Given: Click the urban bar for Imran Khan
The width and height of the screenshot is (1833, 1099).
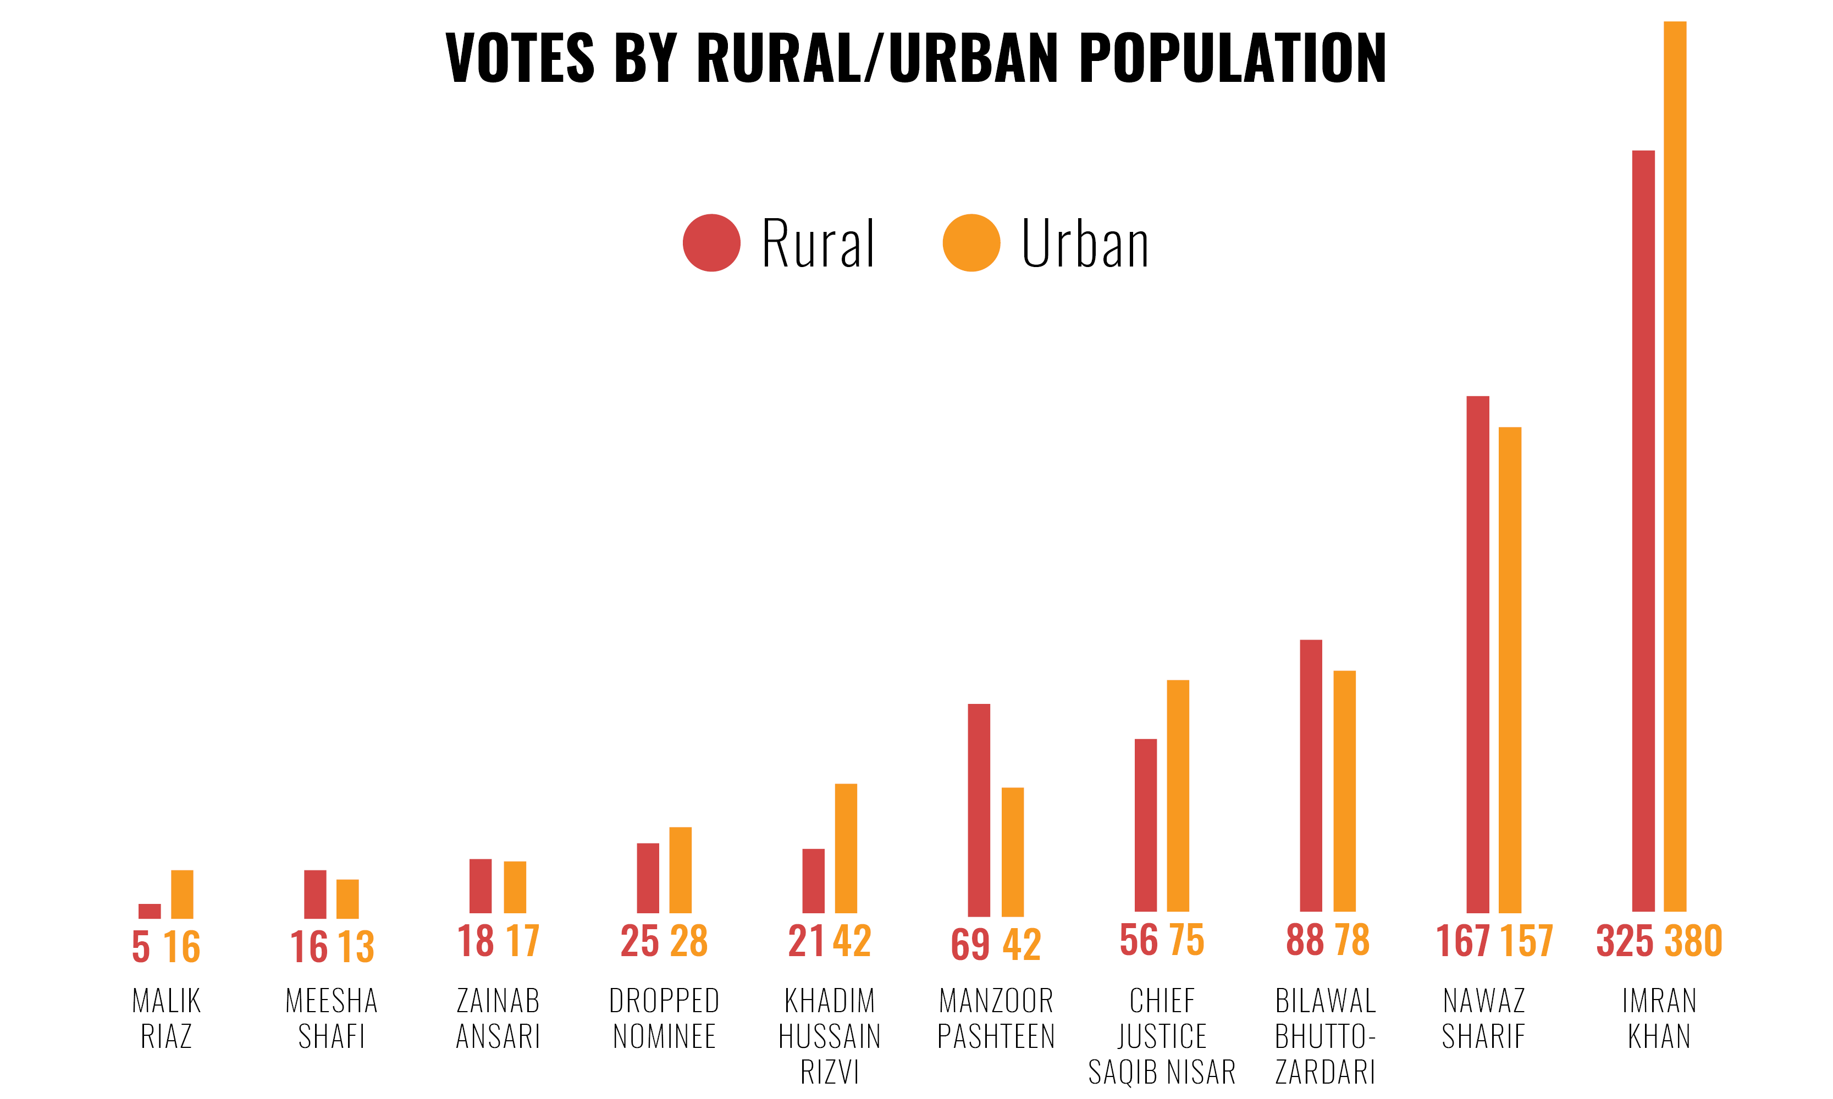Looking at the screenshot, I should coord(1675,467).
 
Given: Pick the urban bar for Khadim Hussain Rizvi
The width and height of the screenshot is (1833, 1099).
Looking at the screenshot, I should coord(846,848).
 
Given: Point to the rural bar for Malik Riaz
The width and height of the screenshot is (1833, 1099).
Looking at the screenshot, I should coord(150,911).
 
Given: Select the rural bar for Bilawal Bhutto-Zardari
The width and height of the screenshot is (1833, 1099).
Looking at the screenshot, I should coord(1311,775).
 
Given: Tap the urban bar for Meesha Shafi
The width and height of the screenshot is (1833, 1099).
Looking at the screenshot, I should coord(347,898).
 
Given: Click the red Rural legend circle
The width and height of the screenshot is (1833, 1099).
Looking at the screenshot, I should coord(711,243).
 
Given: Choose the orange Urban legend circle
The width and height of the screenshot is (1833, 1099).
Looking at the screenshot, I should coord(971,243).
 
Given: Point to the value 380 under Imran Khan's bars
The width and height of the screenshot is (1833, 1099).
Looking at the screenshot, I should coord(1694,941).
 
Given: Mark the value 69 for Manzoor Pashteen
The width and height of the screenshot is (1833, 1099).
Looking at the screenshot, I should coord(970,944).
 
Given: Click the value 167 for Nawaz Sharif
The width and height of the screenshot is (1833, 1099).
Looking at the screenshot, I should coord(1462,941).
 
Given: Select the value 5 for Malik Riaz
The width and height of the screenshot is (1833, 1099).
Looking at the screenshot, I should coord(141,946).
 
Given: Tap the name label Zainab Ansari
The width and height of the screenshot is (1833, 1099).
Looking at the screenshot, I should coord(498,1018).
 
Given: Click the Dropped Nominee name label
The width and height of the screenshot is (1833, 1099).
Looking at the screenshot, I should coord(664,1018).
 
